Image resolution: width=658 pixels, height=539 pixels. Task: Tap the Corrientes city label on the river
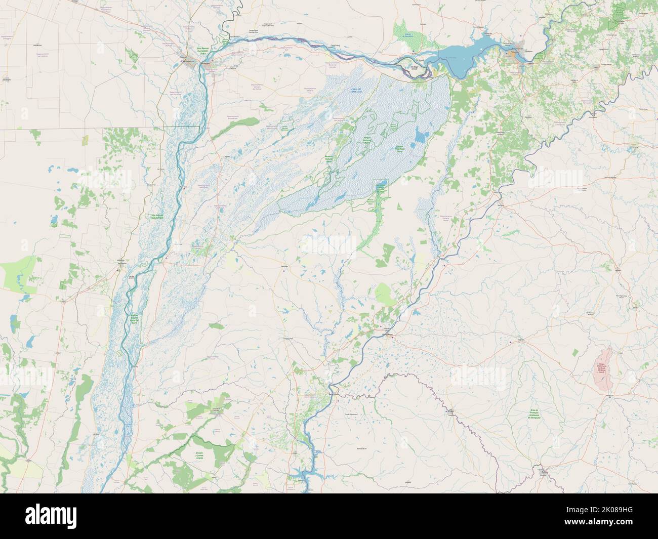207,63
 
